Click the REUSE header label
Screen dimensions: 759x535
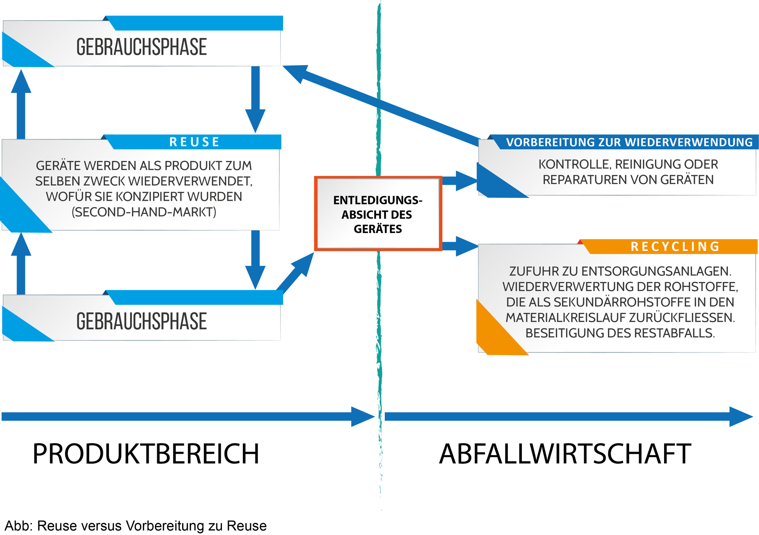tap(194, 142)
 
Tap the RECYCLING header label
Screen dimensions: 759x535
tap(675, 247)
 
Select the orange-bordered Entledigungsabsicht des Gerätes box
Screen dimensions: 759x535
tap(378, 214)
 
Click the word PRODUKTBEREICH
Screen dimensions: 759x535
tap(146, 454)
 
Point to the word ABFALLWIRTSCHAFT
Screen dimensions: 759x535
tap(565, 454)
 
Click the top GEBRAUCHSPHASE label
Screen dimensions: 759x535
tap(142, 47)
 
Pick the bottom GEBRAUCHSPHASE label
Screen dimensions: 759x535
tap(142, 321)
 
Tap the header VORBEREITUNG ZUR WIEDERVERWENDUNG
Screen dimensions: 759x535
tap(629, 142)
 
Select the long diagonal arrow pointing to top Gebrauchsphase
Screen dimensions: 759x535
tap(381, 105)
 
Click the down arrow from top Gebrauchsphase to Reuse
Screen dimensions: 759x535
tap(255, 99)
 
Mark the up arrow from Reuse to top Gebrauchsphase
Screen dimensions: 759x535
tap(21, 104)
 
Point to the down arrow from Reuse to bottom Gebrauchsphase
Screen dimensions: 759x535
tap(255, 260)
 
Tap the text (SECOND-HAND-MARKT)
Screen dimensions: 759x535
tap(144, 212)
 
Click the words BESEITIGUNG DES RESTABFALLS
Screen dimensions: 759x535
tap(620, 333)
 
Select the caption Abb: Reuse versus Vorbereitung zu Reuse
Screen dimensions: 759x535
tap(135, 526)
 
